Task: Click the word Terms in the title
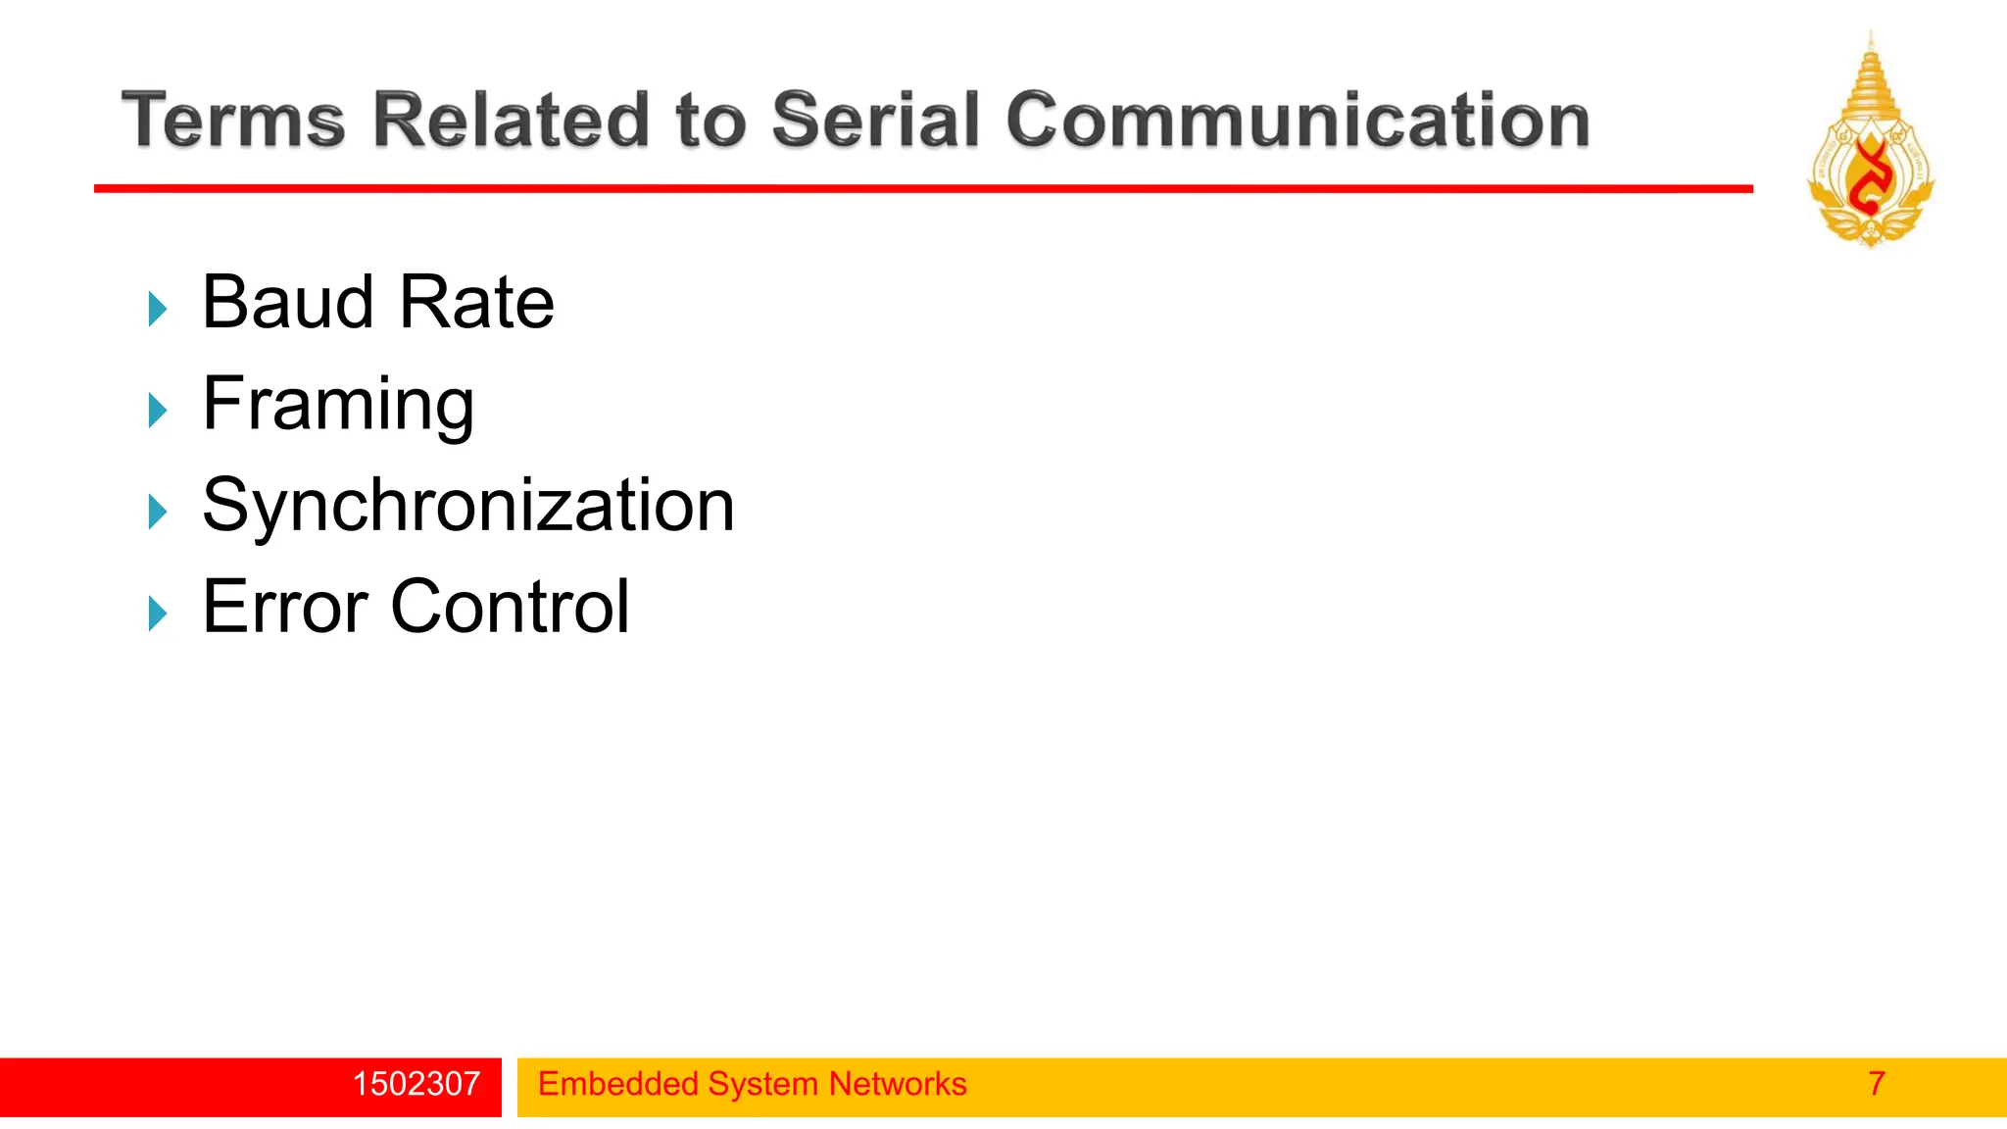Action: coord(233,121)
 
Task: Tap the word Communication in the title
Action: coord(1297,121)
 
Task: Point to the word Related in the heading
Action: coord(510,121)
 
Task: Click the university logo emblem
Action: coord(1870,142)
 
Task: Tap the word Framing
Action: coord(338,404)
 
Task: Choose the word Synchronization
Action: coord(467,506)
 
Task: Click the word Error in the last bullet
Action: coord(285,608)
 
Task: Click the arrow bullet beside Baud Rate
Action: coord(157,309)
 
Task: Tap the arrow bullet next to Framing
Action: coord(157,411)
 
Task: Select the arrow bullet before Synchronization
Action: coord(157,512)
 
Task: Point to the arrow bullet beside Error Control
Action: coord(157,614)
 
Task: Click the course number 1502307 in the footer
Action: coord(416,1084)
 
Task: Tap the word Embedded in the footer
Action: coord(618,1084)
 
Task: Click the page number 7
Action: coord(1876,1084)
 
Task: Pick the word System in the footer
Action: coord(762,1084)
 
